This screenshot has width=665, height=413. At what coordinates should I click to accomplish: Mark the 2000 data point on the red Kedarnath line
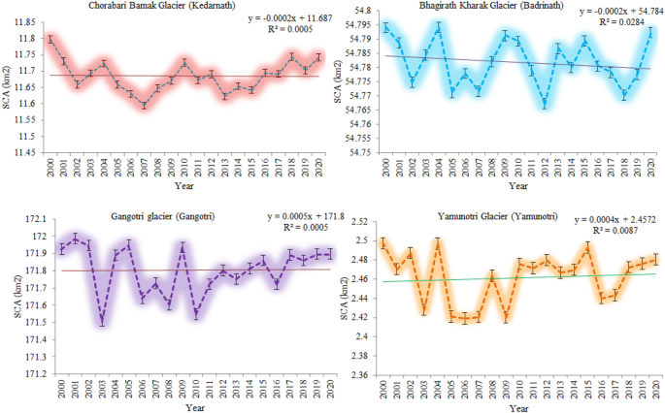(50, 39)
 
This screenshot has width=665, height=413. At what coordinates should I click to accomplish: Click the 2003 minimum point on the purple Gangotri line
(102, 320)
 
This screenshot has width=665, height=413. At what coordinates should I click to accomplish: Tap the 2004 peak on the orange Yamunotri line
(438, 241)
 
